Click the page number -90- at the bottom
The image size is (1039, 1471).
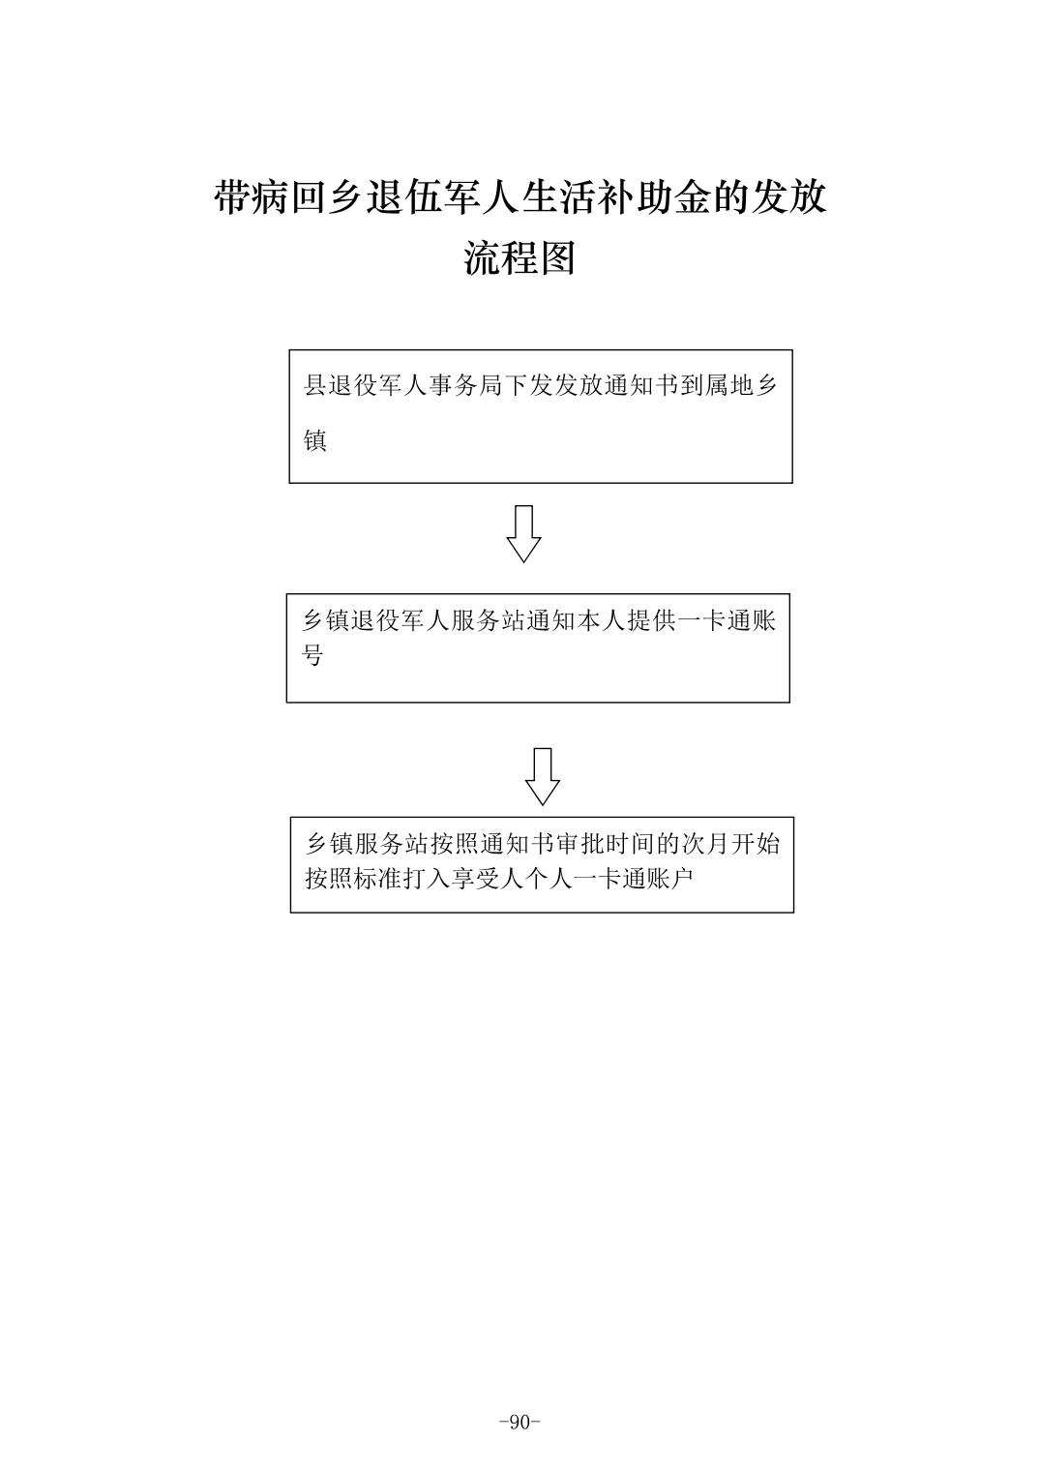[519, 1422]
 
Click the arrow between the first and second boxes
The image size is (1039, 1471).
[523, 533]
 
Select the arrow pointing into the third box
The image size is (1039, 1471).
[542, 776]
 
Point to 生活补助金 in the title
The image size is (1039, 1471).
[615, 198]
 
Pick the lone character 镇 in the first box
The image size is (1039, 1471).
[315, 441]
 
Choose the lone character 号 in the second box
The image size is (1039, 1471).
[312, 655]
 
